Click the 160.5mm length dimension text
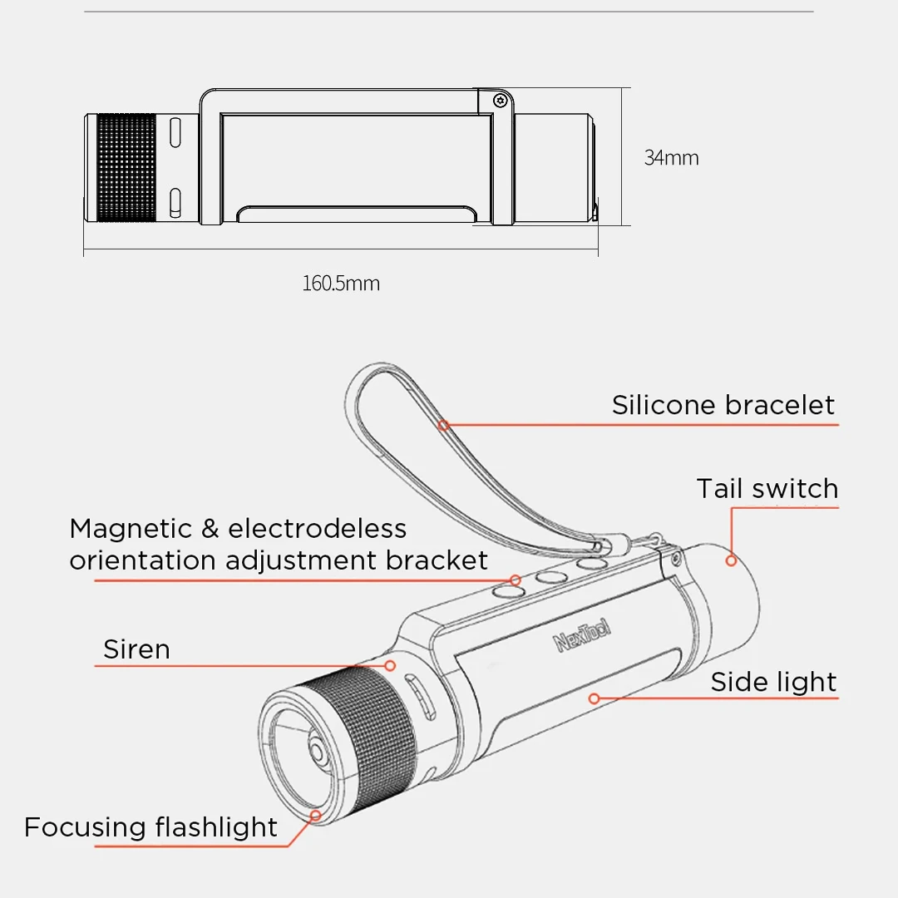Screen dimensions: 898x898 [340, 284]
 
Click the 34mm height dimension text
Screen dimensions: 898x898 [671, 158]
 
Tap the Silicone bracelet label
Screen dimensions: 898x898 [723, 405]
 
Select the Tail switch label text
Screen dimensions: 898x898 [767, 489]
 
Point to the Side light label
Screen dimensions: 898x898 [773, 682]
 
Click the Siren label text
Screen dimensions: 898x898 [136, 649]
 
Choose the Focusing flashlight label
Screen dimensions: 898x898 [150, 827]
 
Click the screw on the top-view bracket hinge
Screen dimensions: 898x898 [500, 100]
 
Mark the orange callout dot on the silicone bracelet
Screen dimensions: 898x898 [444, 425]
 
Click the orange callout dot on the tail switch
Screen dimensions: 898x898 [731, 560]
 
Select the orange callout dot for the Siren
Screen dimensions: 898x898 [389, 665]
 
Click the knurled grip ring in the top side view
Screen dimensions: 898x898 [126, 168]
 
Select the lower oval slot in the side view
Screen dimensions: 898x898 [175, 202]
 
